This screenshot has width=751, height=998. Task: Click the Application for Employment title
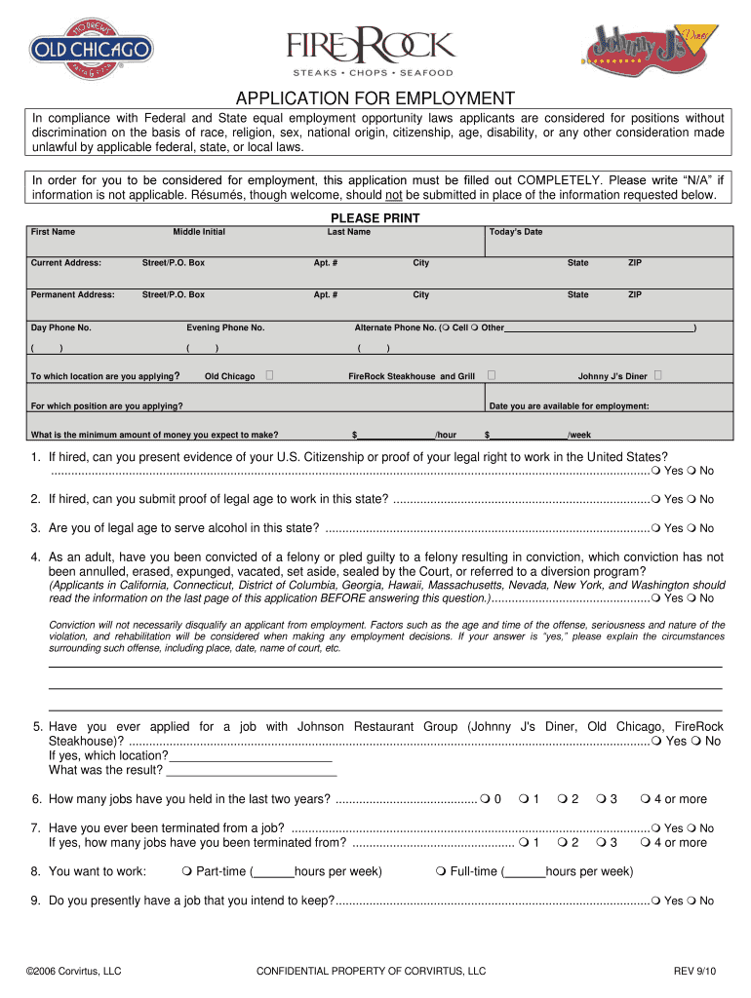375,98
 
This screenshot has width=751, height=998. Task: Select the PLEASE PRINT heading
375,218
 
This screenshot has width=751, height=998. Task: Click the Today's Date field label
516,232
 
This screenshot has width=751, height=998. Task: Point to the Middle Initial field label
199,232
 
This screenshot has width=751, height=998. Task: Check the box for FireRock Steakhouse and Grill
491,375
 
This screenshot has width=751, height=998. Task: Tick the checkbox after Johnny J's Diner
659,375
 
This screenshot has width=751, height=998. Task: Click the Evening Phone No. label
225,327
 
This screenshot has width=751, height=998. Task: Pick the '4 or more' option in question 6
646,799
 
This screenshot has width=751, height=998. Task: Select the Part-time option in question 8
187,871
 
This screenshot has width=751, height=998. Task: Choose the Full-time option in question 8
442,871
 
